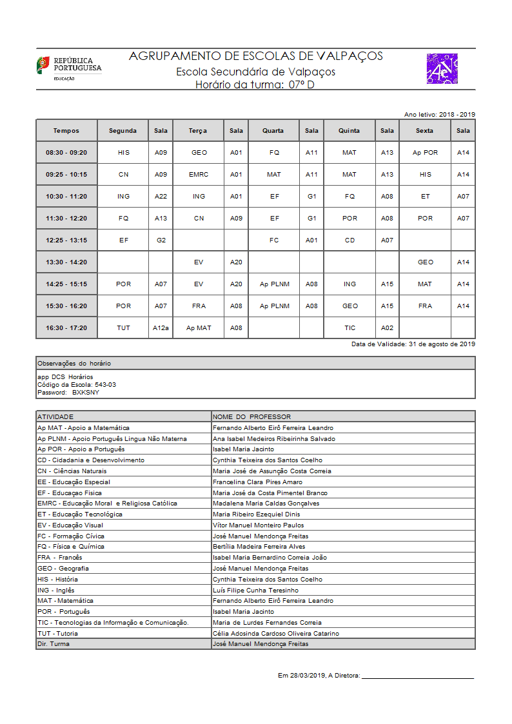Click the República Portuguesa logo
(x=68, y=68)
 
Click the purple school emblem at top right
(x=442, y=69)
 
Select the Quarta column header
(x=273, y=131)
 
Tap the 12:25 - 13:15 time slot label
(x=66, y=240)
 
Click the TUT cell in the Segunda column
(x=123, y=328)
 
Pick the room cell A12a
(x=161, y=328)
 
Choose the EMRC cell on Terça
(x=199, y=175)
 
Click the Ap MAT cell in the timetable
(x=199, y=328)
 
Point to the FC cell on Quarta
(x=274, y=240)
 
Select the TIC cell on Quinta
(x=350, y=328)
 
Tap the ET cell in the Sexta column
(x=425, y=197)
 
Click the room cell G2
(x=161, y=240)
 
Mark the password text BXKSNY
(x=86, y=392)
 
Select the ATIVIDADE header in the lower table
(x=55, y=416)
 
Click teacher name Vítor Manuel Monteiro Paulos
(x=258, y=525)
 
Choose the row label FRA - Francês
(x=60, y=558)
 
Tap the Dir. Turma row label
(x=54, y=644)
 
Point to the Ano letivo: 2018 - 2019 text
(x=439, y=114)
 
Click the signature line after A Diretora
(x=418, y=677)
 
